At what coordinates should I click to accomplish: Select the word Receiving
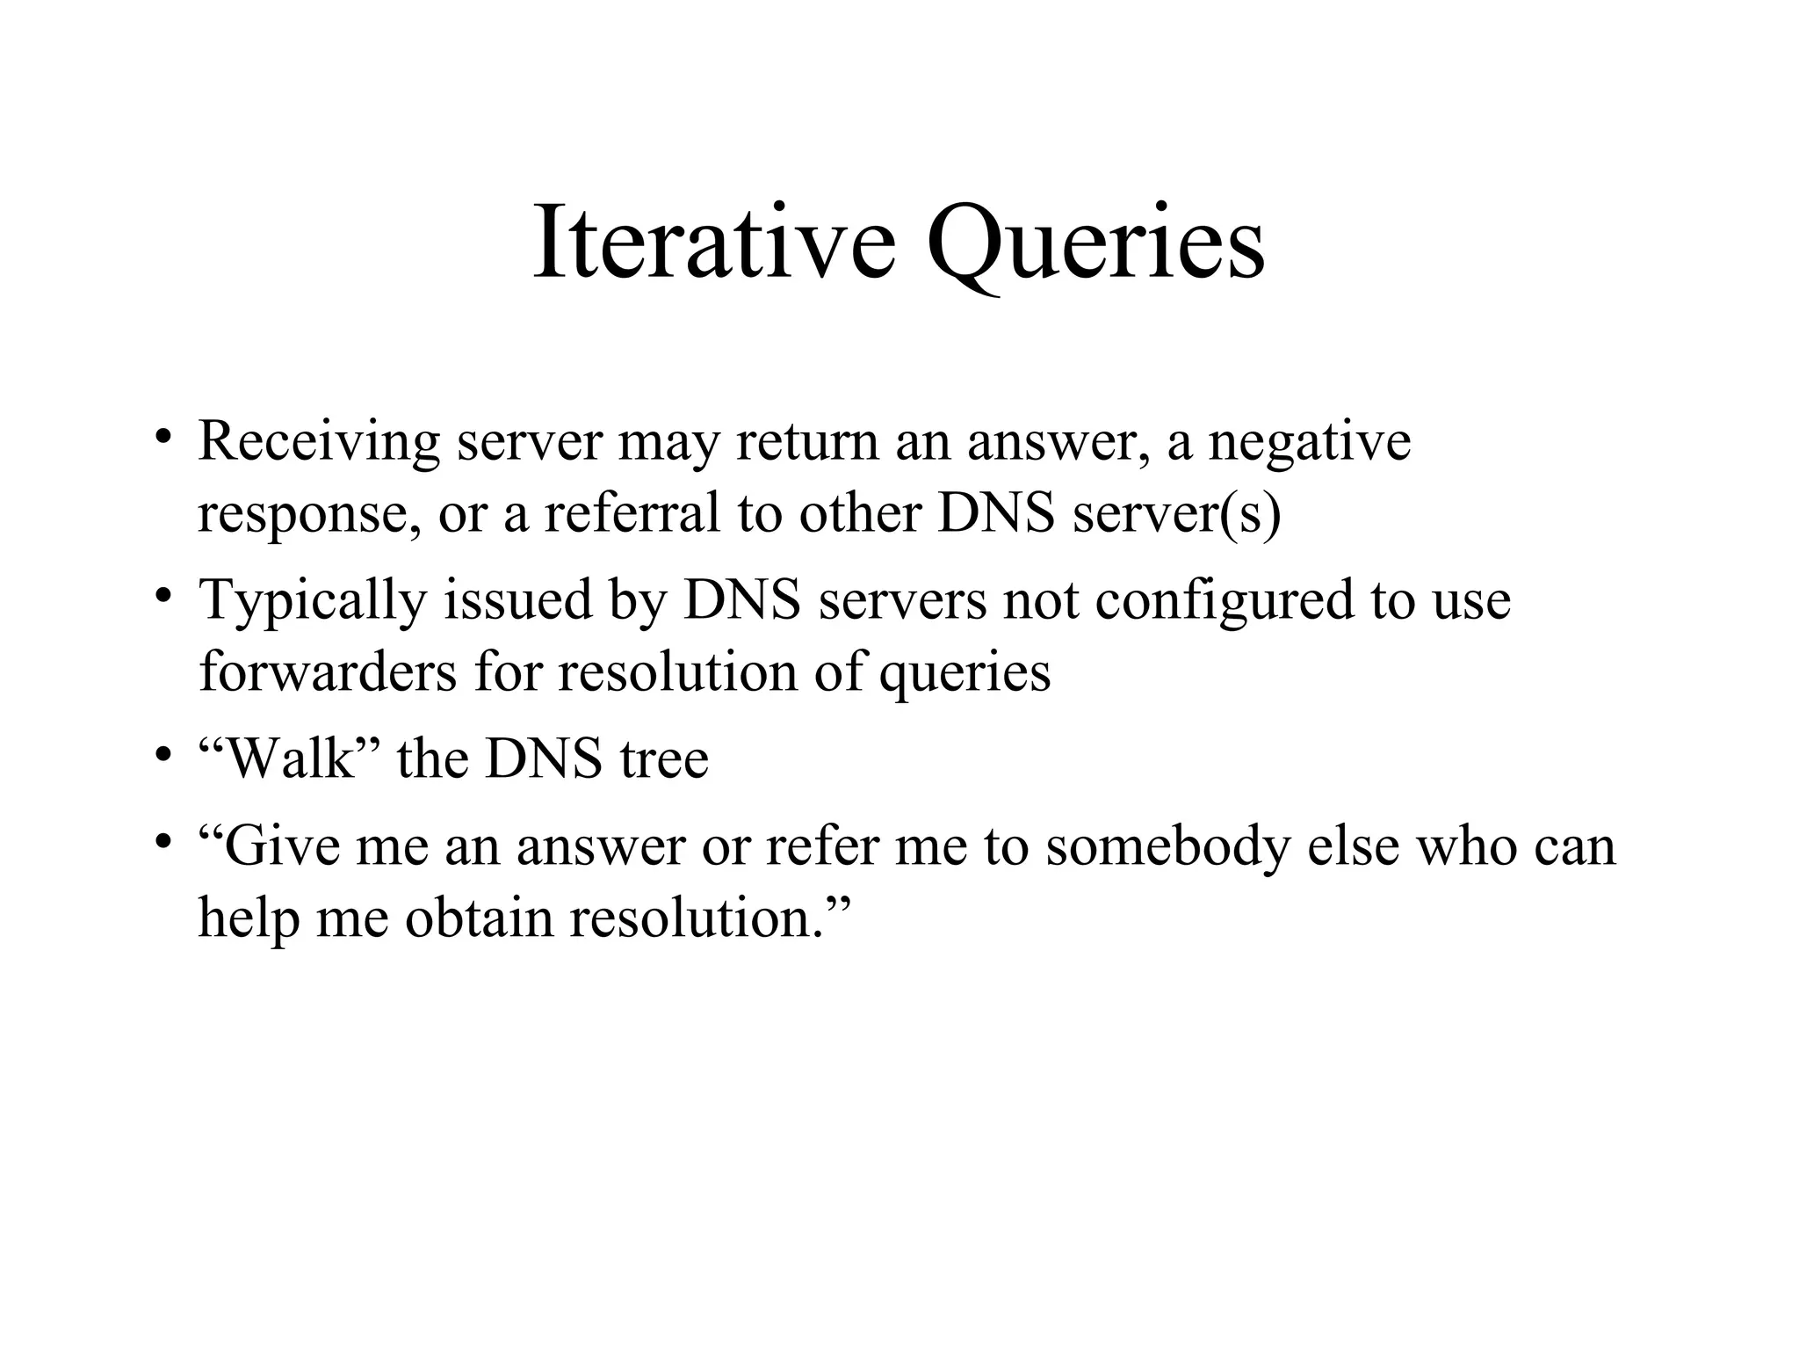coord(318,442)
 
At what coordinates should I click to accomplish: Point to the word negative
coord(1310,442)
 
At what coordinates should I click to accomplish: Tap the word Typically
coord(313,601)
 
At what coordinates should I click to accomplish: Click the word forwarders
coord(328,672)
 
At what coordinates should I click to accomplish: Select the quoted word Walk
coord(289,758)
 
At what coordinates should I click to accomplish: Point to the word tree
coord(664,758)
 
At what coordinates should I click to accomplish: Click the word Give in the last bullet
coord(281,846)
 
